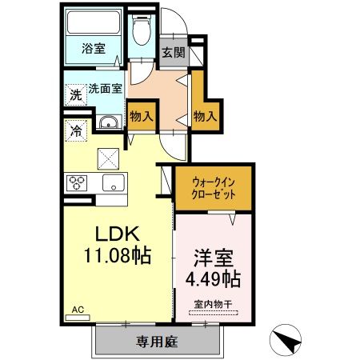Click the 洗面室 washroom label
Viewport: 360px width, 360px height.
click(103, 89)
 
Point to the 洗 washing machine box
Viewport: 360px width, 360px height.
click(74, 93)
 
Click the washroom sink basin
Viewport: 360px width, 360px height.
click(108, 122)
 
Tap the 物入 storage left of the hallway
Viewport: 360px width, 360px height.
click(142, 117)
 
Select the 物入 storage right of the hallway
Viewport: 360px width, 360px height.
click(206, 117)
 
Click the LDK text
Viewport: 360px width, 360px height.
click(119, 235)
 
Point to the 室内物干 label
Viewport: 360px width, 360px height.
click(212, 304)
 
